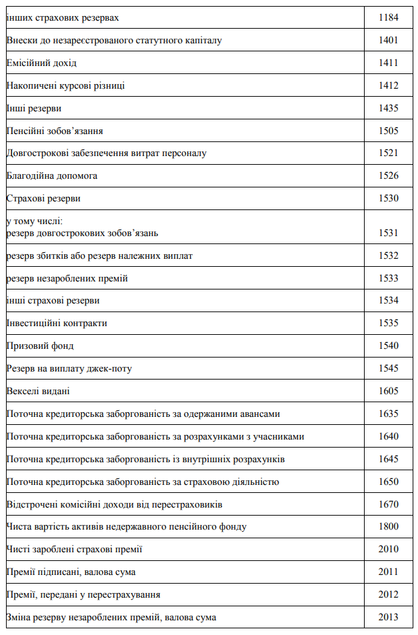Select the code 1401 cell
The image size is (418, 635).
pyautogui.click(x=388, y=41)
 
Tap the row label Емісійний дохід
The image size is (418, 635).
pyautogui.click(x=41, y=63)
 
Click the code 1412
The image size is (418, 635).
pyautogui.click(x=388, y=86)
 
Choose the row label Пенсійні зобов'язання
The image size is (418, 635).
pyautogui.click(x=55, y=131)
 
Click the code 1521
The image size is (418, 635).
pyautogui.click(x=388, y=153)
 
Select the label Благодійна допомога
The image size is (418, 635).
pyautogui.click(x=52, y=176)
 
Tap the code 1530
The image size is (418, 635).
pyautogui.click(x=388, y=199)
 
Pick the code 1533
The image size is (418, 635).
pyautogui.click(x=388, y=278)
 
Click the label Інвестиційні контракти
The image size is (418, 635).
pyautogui.click(x=57, y=324)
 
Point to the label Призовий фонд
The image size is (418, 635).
pyautogui.click(x=40, y=346)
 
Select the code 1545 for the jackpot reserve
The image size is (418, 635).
pyautogui.click(x=388, y=369)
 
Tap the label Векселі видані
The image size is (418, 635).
pyautogui.click(x=38, y=392)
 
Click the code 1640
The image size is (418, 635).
pyautogui.click(x=388, y=437)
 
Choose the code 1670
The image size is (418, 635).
pyautogui.click(x=388, y=504)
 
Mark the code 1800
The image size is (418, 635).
pyautogui.click(x=388, y=527)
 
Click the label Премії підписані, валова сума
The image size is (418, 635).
pyautogui.click(x=71, y=572)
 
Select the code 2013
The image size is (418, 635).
pyautogui.click(x=388, y=618)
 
